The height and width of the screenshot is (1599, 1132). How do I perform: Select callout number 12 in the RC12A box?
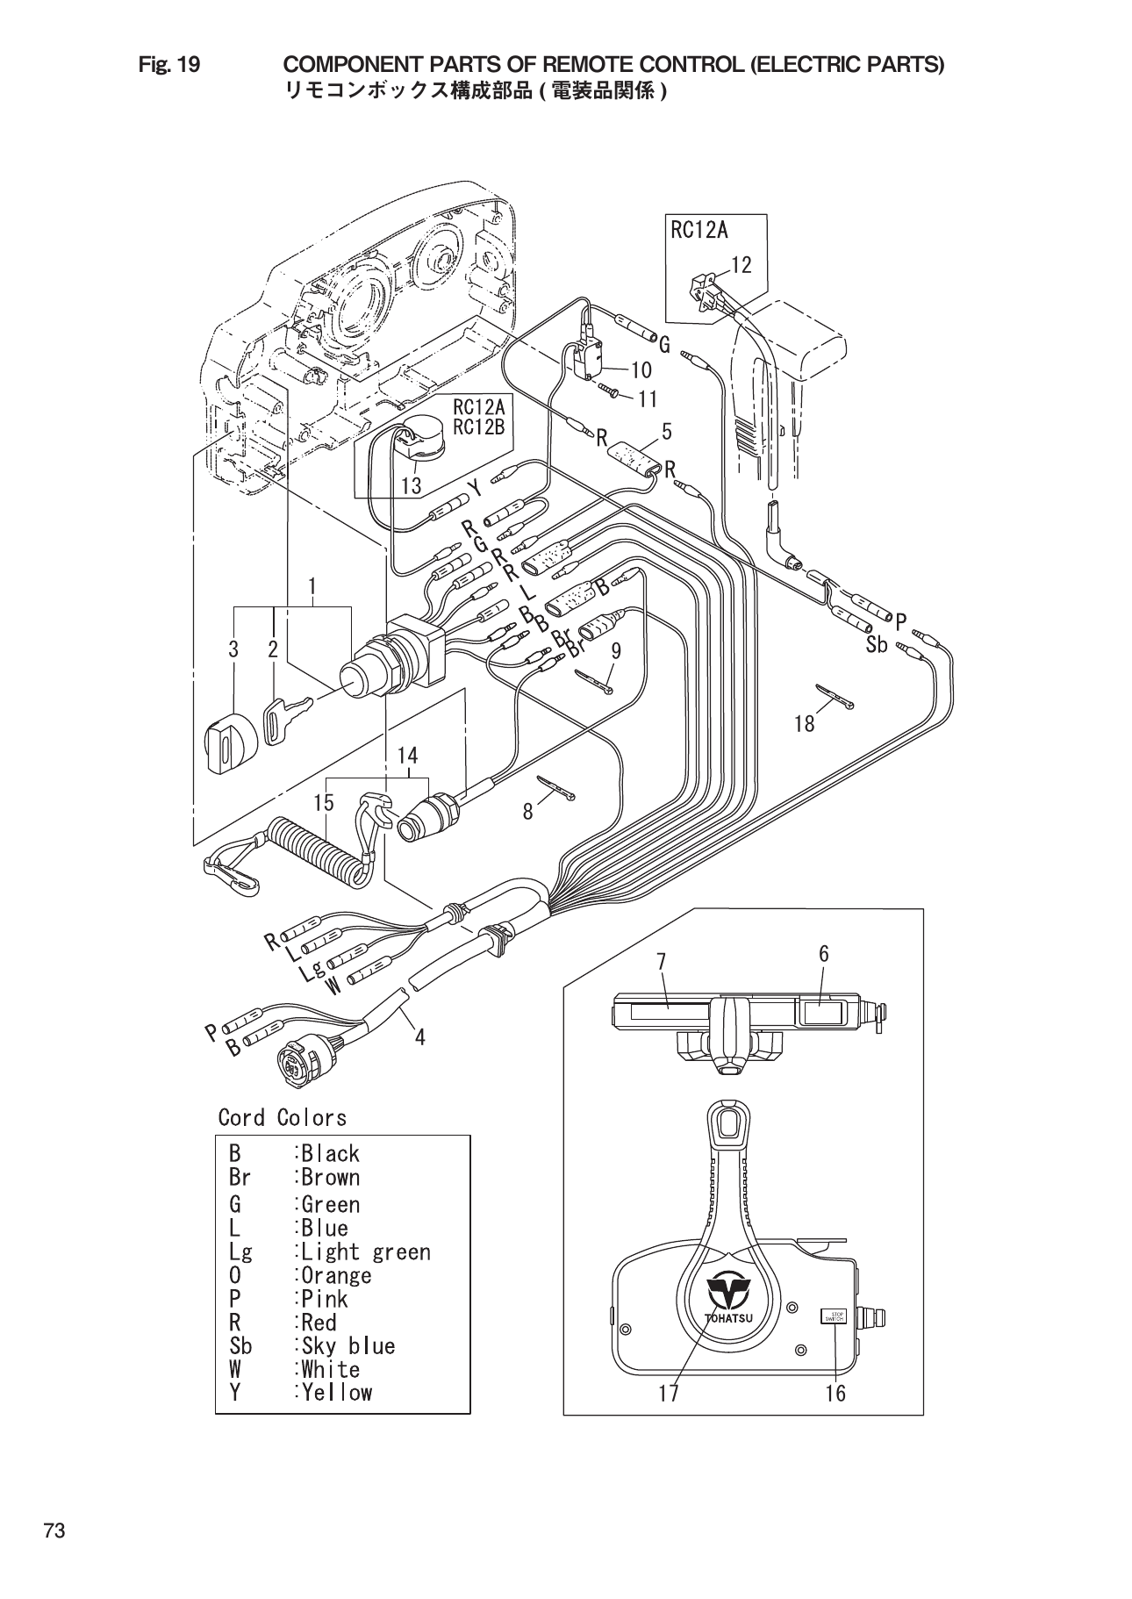coord(741,264)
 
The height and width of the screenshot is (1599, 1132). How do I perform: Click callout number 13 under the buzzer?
coord(411,485)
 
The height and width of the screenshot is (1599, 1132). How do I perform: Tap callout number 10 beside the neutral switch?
coord(640,370)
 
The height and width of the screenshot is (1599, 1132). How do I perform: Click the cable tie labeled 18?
coord(835,698)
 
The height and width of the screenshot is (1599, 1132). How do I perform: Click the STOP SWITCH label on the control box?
coord(831,1316)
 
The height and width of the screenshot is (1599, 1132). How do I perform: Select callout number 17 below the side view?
coord(669,1393)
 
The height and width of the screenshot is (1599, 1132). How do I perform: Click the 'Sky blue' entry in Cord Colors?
coord(347,1345)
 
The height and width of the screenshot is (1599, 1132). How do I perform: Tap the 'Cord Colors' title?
coord(282,1117)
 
